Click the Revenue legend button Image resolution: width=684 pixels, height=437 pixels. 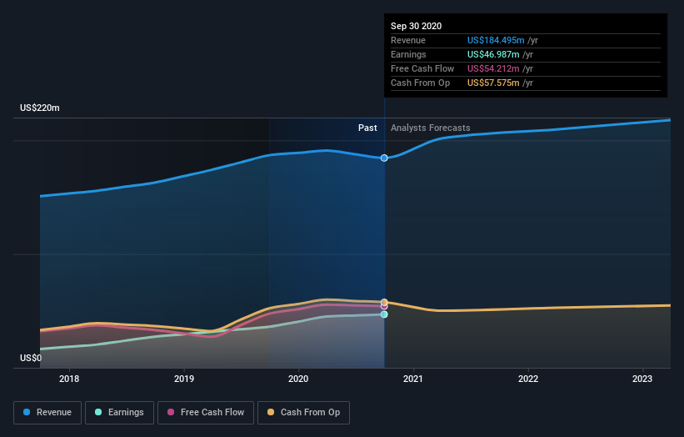[48, 412]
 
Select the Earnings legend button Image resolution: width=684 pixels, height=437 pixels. [119, 412]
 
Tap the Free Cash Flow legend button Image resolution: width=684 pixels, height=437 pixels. [206, 412]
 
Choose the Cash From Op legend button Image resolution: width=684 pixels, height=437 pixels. [303, 412]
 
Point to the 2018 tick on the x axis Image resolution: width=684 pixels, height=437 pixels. [69, 379]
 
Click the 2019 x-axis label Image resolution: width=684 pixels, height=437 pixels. [184, 379]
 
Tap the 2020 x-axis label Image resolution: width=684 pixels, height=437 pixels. [298, 379]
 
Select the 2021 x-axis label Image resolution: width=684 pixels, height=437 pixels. [413, 379]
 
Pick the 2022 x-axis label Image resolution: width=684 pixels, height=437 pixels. [528, 379]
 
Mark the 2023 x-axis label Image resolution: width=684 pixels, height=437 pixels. [642, 379]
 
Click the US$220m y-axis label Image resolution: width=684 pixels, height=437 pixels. [40, 108]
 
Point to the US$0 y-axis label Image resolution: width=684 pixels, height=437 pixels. [31, 358]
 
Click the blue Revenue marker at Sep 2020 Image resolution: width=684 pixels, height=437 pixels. [384, 158]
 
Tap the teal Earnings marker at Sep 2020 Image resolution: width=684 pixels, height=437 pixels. [384, 314]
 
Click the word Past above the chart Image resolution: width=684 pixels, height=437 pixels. [367, 128]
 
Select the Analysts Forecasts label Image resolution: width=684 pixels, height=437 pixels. [430, 128]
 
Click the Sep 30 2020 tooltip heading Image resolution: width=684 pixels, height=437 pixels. [417, 26]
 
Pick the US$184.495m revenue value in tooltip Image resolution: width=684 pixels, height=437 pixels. [495, 40]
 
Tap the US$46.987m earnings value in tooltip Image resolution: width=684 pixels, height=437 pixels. [492, 54]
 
